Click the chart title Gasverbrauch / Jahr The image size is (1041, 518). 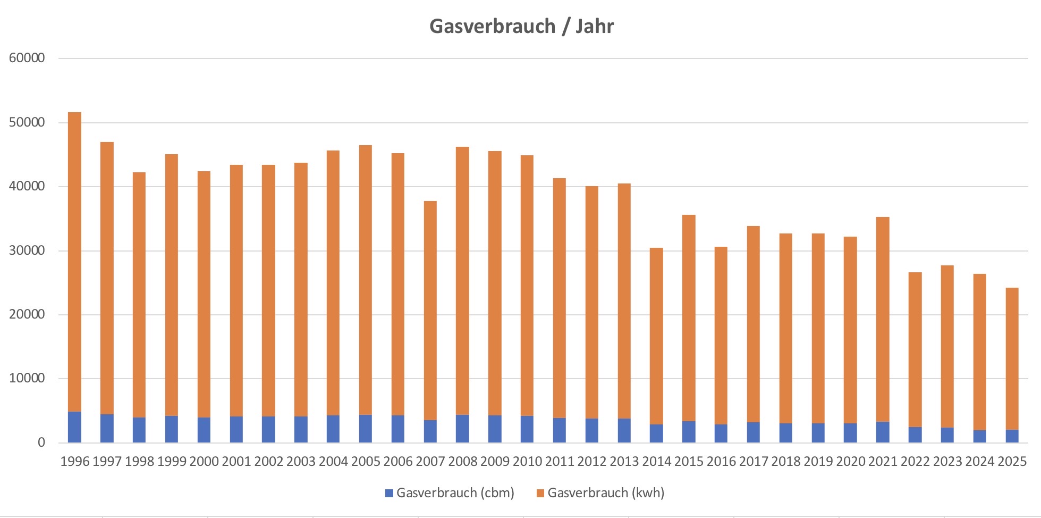click(521, 26)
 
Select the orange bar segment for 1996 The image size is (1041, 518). click(75, 261)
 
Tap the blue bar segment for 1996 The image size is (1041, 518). click(75, 427)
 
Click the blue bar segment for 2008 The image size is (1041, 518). click(462, 429)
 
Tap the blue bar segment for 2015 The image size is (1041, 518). click(689, 432)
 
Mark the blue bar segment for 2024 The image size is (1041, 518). click(979, 436)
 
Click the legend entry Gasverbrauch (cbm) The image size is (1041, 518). click(455, 493)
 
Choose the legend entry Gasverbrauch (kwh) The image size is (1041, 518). click(606, 493)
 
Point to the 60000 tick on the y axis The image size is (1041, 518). click(27, 58)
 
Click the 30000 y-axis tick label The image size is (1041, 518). click(27, 250)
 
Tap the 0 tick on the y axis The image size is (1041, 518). click(41, 442)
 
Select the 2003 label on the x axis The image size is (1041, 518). click(301, 462)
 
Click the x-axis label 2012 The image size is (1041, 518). click(592, 462)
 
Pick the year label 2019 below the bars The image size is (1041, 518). click(818, 462)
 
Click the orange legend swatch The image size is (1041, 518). click(540, 493)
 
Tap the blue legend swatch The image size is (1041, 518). click(389, 493)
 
